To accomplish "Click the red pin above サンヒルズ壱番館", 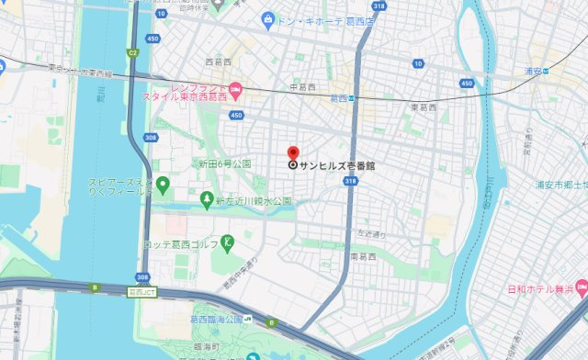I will (x=293, y=152).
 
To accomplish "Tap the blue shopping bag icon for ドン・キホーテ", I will (x=267, y=18).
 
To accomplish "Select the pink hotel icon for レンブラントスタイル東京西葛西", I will (x=235, y=89).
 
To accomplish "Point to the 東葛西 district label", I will (x=424, y=107).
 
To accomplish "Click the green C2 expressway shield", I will (x=133, y=53).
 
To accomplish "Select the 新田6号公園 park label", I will (x=225, y=163).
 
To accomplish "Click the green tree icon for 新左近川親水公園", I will (x=208, y=198).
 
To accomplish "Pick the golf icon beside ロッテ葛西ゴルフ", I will (x=229, y=242).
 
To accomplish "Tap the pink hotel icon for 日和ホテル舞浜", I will (x=581, y=290).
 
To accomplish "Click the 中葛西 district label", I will (x=302, y=87).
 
